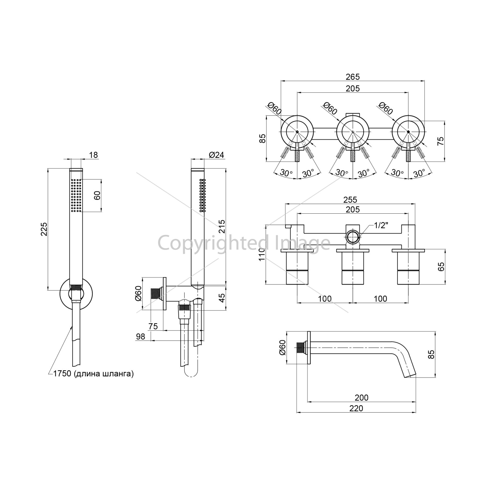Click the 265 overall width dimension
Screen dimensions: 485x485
click(353, 77)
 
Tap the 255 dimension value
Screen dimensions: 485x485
click(350, 200)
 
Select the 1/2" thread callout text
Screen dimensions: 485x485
click(381, 225)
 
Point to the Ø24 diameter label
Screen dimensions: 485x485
click(216, 155)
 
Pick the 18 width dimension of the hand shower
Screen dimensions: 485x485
click(93, 155)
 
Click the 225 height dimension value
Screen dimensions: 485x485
click(44, 229)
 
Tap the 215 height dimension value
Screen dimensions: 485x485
click(221, 227)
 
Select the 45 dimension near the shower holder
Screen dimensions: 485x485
click(221, 298)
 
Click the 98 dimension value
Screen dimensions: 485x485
click(141, 336)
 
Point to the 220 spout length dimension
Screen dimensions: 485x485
click(356, 408)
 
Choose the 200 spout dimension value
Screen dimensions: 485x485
click(362, 397)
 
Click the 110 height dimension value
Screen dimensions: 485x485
click(262, 254)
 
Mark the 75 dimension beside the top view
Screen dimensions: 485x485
click(440, 141)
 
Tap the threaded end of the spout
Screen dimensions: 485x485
click(300, 348)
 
